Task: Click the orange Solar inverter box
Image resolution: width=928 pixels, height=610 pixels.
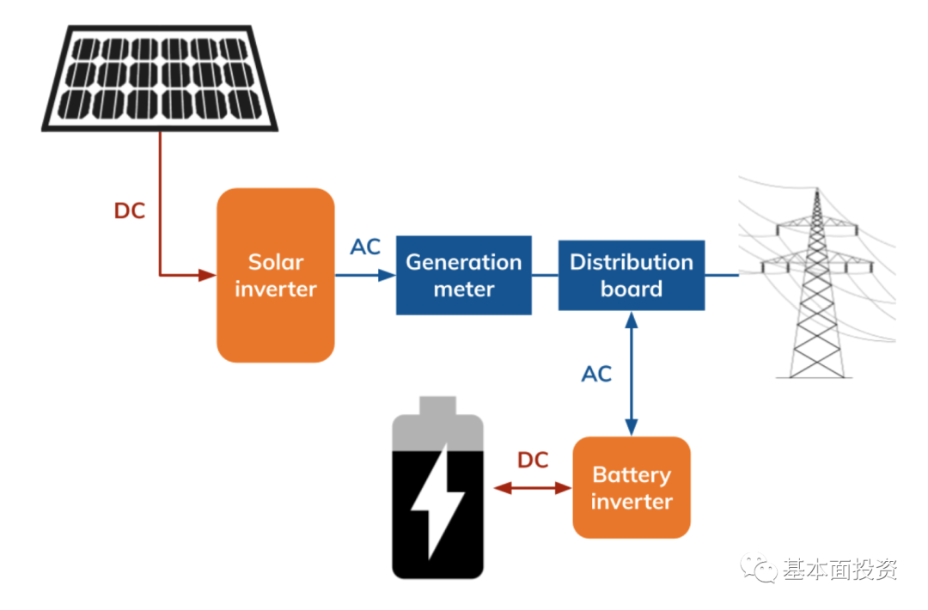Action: (275, 275)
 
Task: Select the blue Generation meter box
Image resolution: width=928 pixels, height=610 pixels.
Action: (463, 275)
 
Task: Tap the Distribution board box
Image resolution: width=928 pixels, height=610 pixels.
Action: (632, 275)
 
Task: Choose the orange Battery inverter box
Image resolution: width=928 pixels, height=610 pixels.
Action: (632, 487)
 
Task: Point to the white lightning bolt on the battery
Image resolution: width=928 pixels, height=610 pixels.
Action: (438, 498)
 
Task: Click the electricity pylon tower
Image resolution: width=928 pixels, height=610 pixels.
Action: (816, 284)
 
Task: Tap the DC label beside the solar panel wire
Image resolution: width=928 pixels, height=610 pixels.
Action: (130, 211)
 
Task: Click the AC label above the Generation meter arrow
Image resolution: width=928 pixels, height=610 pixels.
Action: (365, 247)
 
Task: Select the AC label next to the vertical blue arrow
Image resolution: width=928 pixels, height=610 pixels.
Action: (596, 374)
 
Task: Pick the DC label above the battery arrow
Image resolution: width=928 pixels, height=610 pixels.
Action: (533, 461)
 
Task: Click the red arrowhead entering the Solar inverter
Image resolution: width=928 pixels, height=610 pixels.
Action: (207, 276)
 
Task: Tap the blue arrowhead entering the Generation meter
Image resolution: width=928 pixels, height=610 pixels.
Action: (388, 276)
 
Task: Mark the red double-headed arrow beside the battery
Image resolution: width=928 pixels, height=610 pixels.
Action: (533, 488)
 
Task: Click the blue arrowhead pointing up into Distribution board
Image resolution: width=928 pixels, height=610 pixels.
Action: (632, 320)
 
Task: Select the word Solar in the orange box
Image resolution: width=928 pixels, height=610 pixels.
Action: (276, 262)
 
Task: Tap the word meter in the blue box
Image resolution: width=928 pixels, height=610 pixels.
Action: (463, 290)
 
